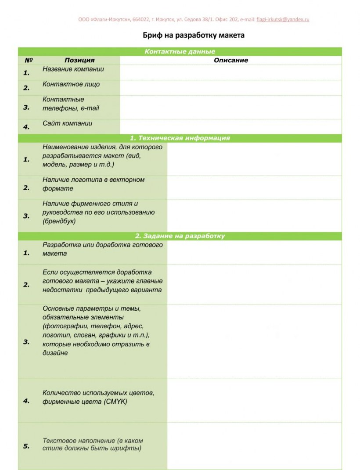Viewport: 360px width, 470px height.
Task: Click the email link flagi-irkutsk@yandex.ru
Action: coord(283,20)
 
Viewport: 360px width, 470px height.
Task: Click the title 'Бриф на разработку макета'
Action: coord(194,35)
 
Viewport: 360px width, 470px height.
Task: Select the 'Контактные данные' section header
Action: coord(180,52)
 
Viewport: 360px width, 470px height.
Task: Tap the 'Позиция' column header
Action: coord(79,60)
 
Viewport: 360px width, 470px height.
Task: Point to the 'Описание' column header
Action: coord(231,60)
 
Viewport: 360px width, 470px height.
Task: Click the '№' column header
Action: coord(29,60)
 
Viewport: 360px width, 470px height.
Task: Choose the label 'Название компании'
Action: coord(73,69)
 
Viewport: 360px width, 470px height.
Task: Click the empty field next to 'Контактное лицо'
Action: coord(230,88)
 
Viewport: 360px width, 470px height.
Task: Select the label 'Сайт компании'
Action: coord(68,124)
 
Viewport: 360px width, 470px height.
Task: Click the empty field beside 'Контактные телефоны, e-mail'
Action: coord(230,107)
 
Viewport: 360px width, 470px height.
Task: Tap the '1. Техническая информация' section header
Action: coord(180,138)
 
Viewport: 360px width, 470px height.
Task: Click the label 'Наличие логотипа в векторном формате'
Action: coord(94,184)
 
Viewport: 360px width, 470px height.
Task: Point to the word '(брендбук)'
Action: coord(59,221)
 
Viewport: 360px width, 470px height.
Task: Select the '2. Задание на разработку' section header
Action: coord(180,236)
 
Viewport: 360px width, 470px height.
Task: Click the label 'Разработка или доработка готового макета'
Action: coord(102,249)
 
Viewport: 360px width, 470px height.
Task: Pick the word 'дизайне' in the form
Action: coord(55,353)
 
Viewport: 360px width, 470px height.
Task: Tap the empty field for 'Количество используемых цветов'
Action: coord(254,401)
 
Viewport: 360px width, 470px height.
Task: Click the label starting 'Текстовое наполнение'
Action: coord(93,445)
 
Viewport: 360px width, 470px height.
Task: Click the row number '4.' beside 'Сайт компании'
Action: coord(26,127)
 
